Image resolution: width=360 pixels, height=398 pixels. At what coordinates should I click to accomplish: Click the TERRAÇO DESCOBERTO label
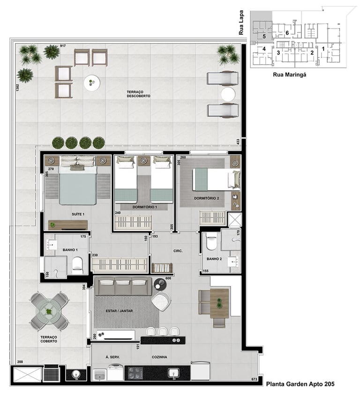pyautogui.click(x=138, y=94)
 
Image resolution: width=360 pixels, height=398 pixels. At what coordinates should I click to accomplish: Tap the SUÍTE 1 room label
pyautogui.click(x=78, y=214)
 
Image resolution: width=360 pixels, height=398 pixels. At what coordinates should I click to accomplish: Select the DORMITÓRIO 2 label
pyautogui.click(x=206, y=198)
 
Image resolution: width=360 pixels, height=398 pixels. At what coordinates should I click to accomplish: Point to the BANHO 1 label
pyautogui.click(x=70, y=250)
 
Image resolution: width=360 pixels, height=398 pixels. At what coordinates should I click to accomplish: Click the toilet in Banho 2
pyautogui.click(x=211, y=241)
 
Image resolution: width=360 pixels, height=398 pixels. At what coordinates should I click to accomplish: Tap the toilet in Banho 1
pyautogui.click(x=77, y=265)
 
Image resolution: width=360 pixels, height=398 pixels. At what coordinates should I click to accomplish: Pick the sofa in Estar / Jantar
pyautogui.click(x=123, y=286)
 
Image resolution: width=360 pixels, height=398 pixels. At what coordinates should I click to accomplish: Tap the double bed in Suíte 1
pyautogui.click(x=78, y=181)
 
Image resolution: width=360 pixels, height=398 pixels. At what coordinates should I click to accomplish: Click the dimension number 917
pyautogui.click(x=63, y=45)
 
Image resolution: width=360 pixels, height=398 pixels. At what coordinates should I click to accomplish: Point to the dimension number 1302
pyautogui.click(x=17, y=88)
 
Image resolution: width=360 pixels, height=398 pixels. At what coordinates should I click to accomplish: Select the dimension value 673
pyautogui.click(x=254, y=379)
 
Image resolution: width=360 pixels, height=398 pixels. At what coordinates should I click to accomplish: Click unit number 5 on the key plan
pyautogui.click(x=264, y=37)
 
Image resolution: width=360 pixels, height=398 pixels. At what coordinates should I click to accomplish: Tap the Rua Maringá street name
pyautogui.click(x=289, y=75)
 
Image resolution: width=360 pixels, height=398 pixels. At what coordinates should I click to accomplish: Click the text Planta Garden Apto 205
pyautogui.click(x=300, y=384)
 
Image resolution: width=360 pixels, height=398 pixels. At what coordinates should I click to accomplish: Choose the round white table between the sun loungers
pyautogui.click(x=228, y=94)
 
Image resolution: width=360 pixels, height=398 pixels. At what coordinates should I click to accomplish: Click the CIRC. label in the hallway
pyautogui.click(x=178, y=251)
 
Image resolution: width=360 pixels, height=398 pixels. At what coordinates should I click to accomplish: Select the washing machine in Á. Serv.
pyautogui.click(x=115, y=372)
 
